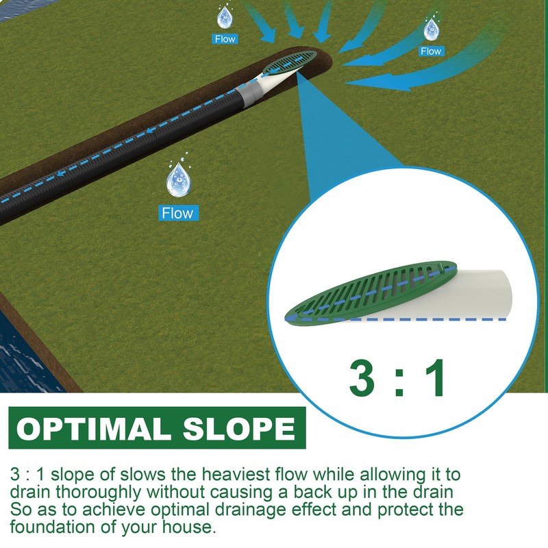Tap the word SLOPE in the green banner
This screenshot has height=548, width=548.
pos(237,429)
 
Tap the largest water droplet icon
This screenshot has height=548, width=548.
pos(177,179)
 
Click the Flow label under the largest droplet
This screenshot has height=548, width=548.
pos(177,213)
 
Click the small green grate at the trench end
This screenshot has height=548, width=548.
pos(290,62)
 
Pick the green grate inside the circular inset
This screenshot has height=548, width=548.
pos(370,291)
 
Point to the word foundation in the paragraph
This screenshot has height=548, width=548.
pos(52,528)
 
